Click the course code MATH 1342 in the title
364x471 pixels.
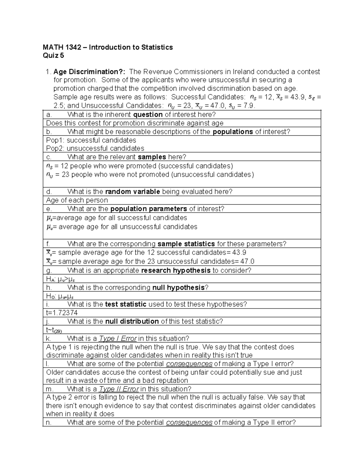[62, 47]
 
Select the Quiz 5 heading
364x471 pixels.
[53, 56]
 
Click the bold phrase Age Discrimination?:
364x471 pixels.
[90, 72]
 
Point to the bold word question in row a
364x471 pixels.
[148, 115]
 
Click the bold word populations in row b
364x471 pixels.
[233, 132]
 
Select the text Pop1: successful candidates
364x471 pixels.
[91, 140]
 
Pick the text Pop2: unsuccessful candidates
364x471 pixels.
[95, 148]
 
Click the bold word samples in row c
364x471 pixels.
[152, 157]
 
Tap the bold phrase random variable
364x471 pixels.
[133, 192]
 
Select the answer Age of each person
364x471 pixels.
[77, 200]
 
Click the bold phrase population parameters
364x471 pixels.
[149, 209]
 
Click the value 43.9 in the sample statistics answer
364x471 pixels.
[239, 253]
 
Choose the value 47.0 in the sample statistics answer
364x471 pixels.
[247, 261]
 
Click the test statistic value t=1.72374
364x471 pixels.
[62, 313]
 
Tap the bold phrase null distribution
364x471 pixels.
[132, 321]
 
